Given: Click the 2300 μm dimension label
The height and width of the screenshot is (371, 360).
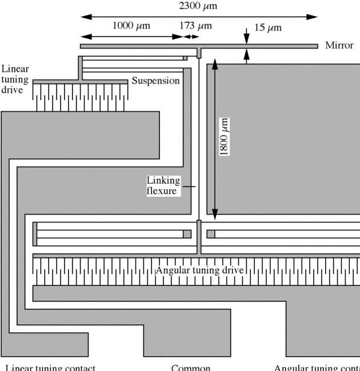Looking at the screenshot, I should coord(198,6).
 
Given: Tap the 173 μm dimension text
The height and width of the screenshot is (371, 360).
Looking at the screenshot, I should coord(195,26).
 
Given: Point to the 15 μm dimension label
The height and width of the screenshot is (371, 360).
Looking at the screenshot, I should coord(267,27).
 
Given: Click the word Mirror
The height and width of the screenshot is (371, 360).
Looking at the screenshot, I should coord(339,45).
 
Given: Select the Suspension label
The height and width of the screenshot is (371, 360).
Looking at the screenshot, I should coord(155,81).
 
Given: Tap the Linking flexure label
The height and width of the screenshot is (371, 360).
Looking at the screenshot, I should coord(163,186).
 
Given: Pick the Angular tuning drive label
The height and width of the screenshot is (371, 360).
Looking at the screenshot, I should coord(199,270).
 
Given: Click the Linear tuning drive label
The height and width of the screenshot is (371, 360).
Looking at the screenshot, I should coord(15,79).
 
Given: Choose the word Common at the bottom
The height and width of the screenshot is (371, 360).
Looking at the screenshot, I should coord(191,367).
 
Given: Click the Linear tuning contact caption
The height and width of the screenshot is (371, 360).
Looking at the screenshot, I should coord(50,367).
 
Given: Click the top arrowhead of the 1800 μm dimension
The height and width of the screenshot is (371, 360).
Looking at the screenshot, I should coord(215,64).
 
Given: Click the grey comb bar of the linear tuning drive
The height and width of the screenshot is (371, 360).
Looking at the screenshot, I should coord(80,82).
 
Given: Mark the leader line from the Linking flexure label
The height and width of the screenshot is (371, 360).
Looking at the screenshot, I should coord(189,187).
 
